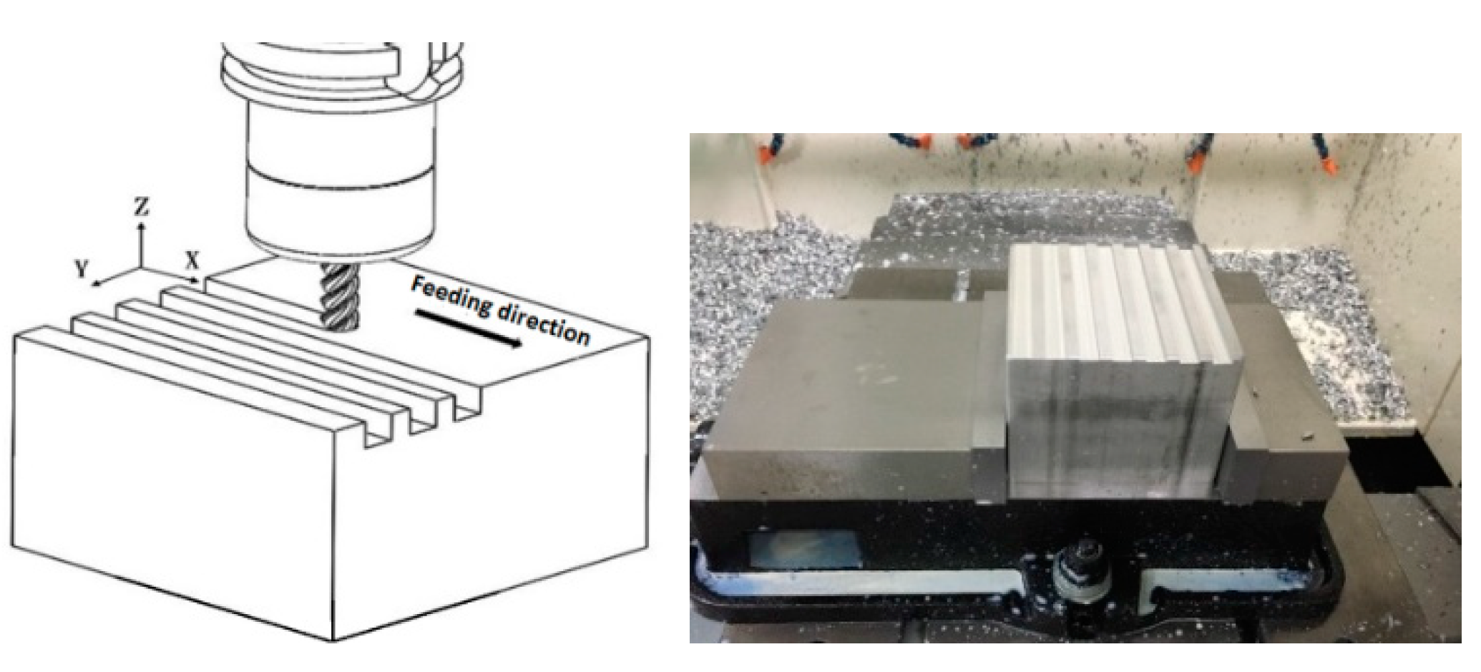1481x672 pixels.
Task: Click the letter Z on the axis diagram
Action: (142, 208)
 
